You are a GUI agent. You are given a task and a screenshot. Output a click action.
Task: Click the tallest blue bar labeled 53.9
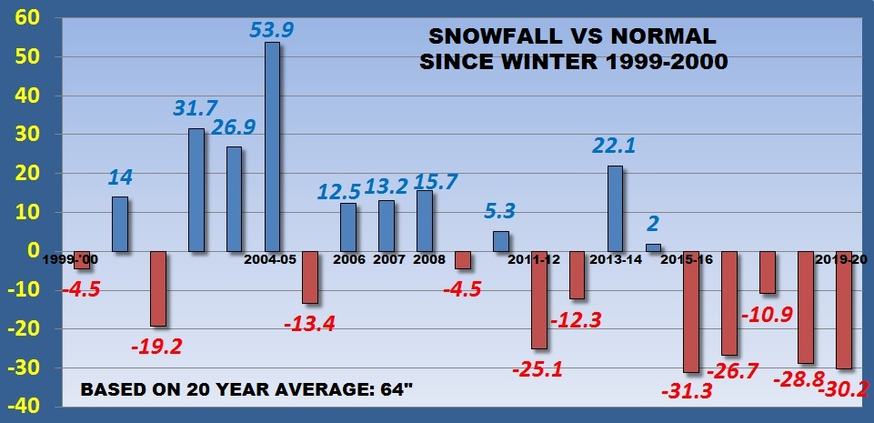(272, 146)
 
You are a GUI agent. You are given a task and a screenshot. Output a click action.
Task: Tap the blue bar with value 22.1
(615, 208)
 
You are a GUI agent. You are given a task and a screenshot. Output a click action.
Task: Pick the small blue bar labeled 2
(653, 247)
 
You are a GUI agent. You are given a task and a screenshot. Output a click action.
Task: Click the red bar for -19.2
(158, 288)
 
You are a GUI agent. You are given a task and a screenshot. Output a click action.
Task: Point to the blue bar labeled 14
(120, 224)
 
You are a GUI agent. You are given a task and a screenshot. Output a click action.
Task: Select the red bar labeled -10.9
(767, 272)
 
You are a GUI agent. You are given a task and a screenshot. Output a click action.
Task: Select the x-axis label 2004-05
(272, 260)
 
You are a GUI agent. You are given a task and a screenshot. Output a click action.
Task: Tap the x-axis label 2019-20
(842, 260)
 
